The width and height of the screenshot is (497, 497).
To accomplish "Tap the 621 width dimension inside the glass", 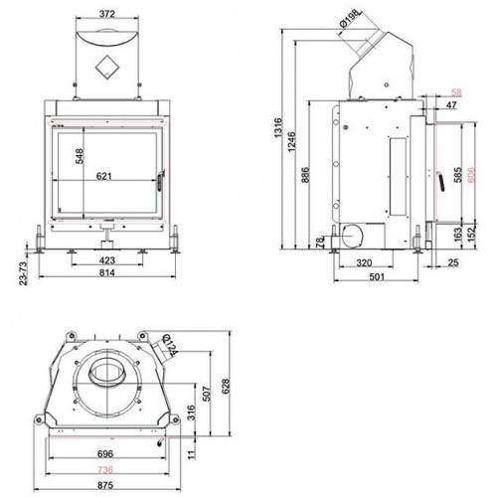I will tap(103, 177).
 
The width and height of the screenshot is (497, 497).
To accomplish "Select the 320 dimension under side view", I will tap(365, 265).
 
